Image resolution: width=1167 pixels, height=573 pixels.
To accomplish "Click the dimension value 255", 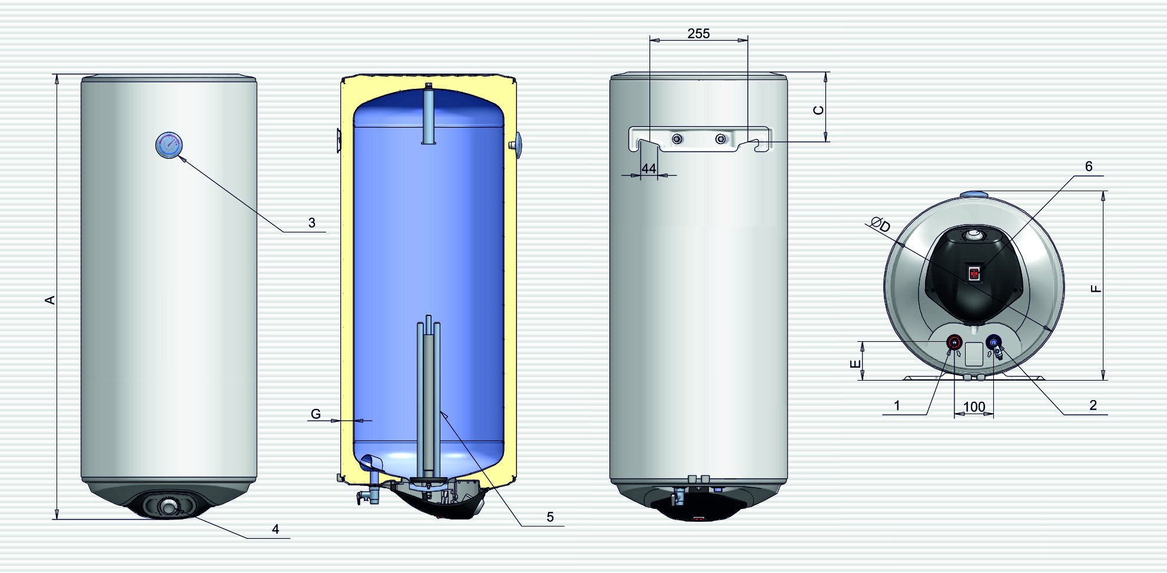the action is point(698,34).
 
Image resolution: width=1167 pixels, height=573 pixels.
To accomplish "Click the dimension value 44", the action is point(648,169).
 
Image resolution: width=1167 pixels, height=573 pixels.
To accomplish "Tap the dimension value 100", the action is point(974,407).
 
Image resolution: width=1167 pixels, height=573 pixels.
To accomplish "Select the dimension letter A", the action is point(50,300).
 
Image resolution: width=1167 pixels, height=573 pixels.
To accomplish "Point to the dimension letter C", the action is point(818,110).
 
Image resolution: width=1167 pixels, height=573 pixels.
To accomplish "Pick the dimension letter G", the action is point(316,414).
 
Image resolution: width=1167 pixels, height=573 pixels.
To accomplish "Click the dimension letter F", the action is point(1095,288).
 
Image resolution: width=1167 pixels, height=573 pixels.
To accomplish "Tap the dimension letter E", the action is point(856,364).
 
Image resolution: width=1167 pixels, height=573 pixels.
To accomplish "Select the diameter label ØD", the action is point(881,225).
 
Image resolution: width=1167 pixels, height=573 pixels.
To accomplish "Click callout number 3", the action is point(311,223).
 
